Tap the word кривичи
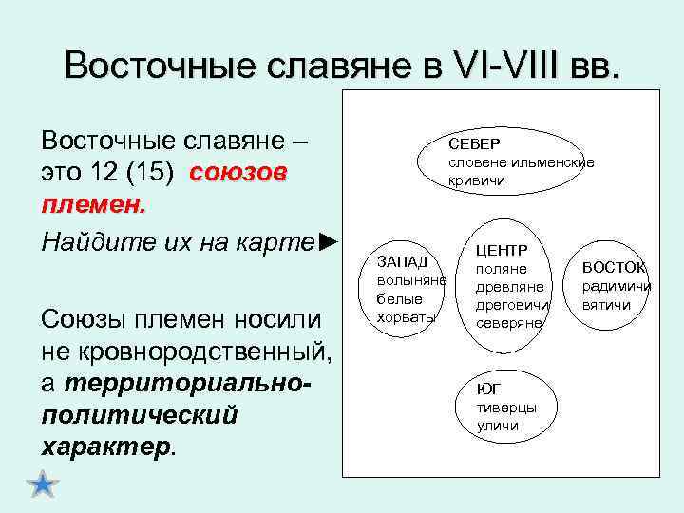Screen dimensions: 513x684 point(478,180)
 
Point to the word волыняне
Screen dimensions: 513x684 point(411,280)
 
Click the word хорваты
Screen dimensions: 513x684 point(406,317)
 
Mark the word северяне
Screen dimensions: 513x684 point(508,323)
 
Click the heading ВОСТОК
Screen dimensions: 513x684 point(614,268)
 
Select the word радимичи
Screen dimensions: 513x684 point(617,286)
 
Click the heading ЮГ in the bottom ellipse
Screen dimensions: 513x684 point(487,389)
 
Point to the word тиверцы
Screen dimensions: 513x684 point(506,407)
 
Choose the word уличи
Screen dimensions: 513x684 point(498,426)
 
